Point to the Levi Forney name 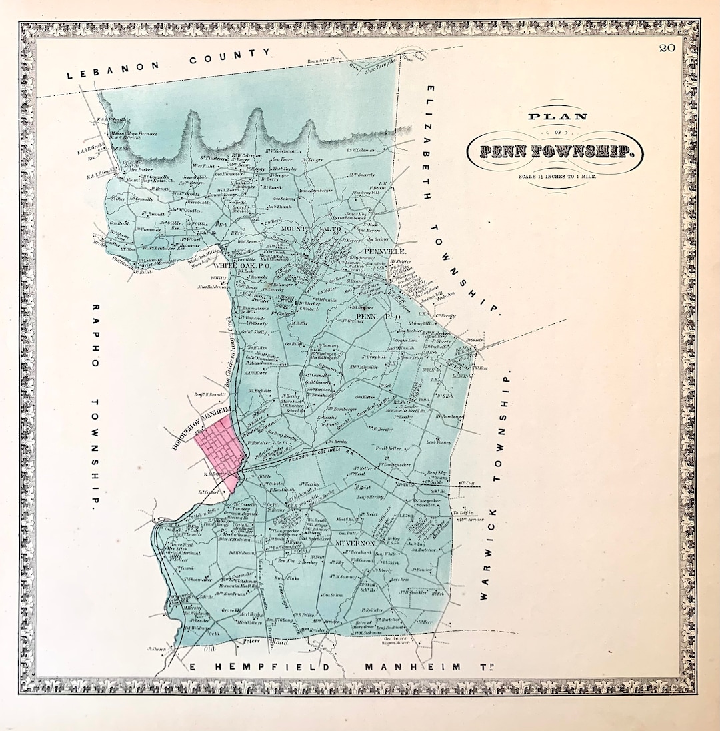[439, 442]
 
